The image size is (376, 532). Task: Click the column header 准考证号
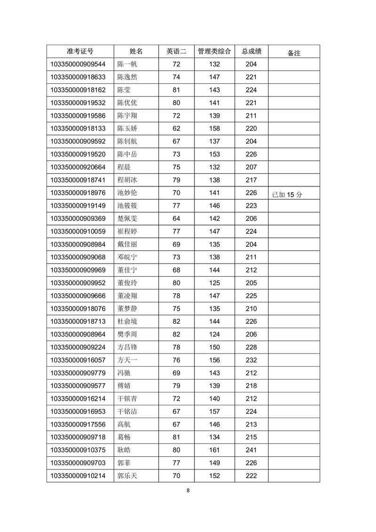[x=80, y=51]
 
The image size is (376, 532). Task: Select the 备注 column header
[x=294, y=53]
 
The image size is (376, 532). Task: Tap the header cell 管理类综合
[x=214, y=51]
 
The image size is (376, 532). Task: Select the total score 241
[x=251, y=450]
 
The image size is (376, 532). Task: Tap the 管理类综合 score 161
[x=214, y=450]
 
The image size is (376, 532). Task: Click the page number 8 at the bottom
[x=188, y=490]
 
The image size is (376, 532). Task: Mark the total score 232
[x=251, y=360]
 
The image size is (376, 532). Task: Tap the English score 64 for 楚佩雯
[x=176, y=218]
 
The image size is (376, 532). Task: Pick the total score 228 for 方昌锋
[x=251, y=347]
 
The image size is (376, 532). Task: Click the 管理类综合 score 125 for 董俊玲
[x=214, y=282]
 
